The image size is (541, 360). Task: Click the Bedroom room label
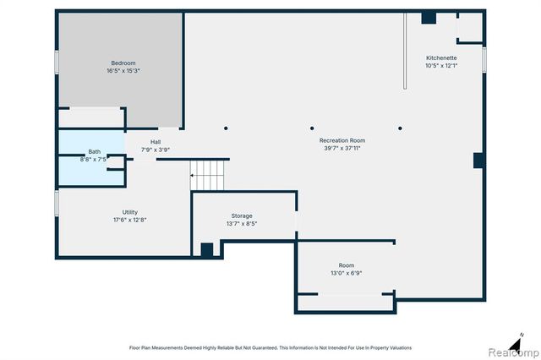[x=123, y=63]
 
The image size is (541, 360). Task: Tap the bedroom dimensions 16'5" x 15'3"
[x=123, y=71]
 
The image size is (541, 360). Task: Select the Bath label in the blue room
[x=94, y=151]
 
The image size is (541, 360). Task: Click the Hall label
[x=156, y=141]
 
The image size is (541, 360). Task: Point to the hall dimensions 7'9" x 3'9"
[x=156, y=150]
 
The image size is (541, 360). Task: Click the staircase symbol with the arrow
[x=209, y=175]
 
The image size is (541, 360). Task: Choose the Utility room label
[x=129, y=212]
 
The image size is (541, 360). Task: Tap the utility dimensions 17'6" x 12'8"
[x=129, y=220]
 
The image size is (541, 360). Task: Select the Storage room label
[x=242, y=216]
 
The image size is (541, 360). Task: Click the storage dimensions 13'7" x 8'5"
[x=242, y=224]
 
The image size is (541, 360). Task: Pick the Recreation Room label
[x=342, y=139]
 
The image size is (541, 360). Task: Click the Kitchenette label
[x=441, y=57]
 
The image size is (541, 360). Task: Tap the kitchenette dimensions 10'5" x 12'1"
[x=441, y=65]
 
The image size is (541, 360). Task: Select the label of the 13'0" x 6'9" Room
[x=347, y=265]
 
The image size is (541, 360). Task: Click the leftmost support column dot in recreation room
[x=226, y=128]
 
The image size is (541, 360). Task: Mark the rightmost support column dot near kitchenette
[x=400, y=128]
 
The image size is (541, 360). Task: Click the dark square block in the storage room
[x=207, y=250]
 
